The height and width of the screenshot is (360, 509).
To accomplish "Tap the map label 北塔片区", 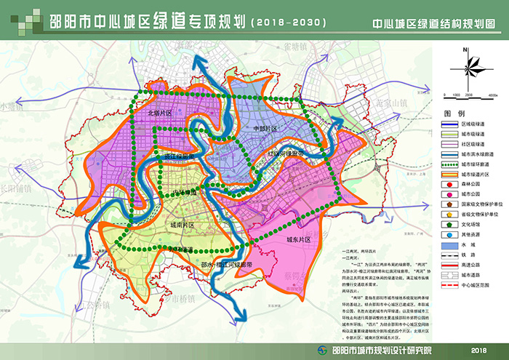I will click(160, 113).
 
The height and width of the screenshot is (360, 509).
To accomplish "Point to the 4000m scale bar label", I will click(491, 95).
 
